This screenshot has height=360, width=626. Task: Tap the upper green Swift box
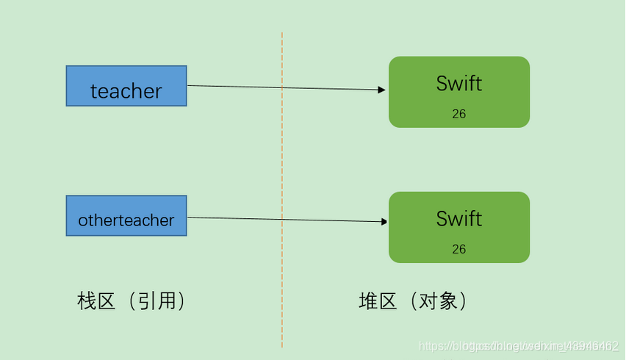459,92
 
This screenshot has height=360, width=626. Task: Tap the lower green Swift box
459,227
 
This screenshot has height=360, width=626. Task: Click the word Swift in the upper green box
459,83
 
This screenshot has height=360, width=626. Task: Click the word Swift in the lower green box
459,218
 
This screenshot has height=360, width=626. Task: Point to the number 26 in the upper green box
459,114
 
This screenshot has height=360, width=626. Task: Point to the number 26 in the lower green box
459,249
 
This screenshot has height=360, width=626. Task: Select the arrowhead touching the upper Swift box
381,90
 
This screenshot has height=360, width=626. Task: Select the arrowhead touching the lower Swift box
384,221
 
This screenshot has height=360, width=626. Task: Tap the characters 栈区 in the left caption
96,301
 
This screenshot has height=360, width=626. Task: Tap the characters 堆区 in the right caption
378,301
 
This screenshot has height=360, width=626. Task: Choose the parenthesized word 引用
157,301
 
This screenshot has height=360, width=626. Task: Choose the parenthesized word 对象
439,301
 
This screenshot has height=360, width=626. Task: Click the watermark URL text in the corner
518,345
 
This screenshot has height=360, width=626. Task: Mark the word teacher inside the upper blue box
126,91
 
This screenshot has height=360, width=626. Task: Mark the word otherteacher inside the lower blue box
126,220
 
